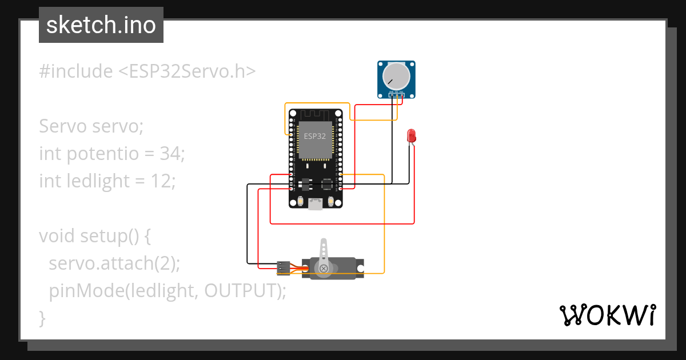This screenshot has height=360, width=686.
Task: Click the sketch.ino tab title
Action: coord(101,25)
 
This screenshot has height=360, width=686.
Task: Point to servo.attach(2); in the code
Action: coord(114,263)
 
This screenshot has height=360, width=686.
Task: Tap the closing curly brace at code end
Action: coord(42,317)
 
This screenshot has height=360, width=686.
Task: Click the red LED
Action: coord(411,135)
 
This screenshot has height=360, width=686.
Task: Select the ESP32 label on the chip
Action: coord(315,137)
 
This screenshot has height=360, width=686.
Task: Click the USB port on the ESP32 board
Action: coord(315,203)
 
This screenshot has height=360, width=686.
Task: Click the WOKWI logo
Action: coord(607,315)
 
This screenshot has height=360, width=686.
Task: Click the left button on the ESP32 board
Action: coord(300,202)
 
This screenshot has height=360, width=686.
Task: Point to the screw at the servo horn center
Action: coord(324,267)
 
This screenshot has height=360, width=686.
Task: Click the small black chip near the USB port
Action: coord(326,184)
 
